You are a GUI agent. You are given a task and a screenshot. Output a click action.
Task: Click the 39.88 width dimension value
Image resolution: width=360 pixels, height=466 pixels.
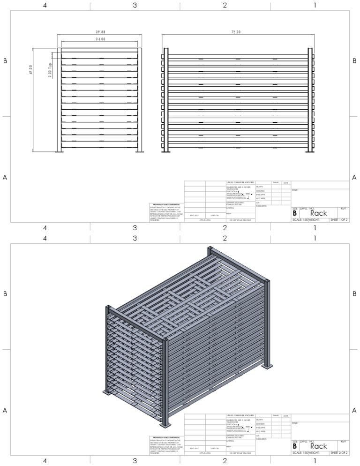coord(99,32)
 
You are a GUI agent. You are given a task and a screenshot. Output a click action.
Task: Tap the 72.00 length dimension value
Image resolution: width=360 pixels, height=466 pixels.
coord(236,32)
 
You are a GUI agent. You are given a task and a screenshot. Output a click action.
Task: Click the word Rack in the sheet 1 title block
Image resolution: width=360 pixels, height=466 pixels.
coord(319,213)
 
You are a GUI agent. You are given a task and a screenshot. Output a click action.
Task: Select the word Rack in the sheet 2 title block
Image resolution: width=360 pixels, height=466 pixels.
coord(319,446)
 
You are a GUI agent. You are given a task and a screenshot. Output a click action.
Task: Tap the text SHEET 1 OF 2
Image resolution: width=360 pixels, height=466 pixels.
coord(338,219)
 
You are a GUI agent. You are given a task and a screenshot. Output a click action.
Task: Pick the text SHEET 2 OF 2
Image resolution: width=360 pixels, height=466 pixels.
coord(338,452)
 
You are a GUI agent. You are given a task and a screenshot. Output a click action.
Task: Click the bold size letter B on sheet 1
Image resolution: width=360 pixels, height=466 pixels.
coord(295,213)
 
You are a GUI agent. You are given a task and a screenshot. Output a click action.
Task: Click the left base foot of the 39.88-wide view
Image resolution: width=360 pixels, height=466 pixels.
coord(60,151)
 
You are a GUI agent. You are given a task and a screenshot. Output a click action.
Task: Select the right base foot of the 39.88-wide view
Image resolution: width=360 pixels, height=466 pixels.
coord(140,151)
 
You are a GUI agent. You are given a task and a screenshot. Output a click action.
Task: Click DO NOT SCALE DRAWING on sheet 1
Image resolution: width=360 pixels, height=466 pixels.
coord(240,219)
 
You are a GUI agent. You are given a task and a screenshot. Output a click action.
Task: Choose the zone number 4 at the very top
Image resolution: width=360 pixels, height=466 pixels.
coord(45,5)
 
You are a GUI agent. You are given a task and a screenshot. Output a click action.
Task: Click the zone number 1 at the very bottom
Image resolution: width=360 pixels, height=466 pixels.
coord(315,460)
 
